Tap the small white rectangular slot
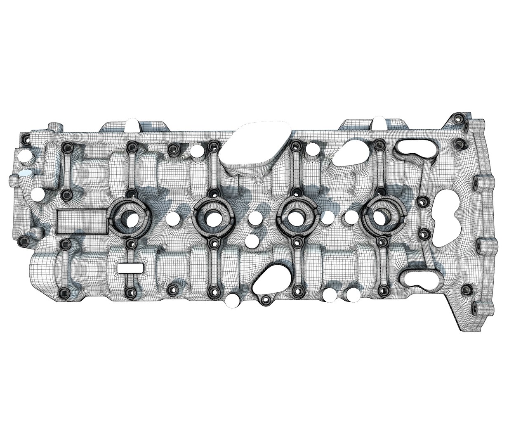coord(130,268)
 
